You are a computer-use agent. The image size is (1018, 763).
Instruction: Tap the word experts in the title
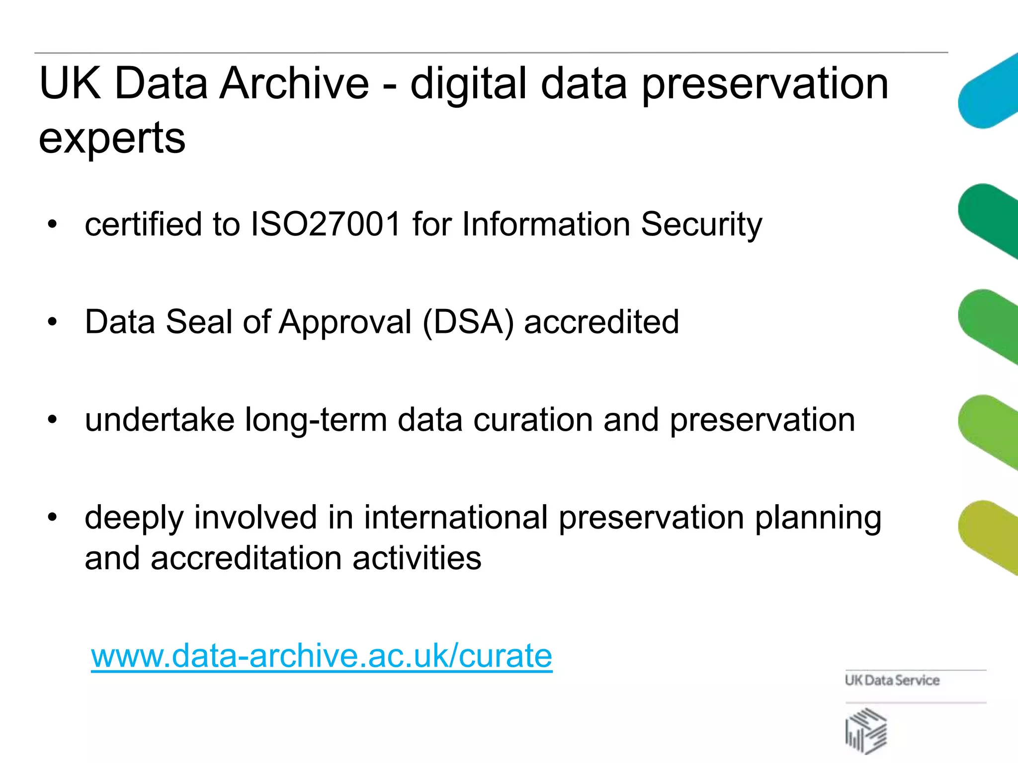point(112,138)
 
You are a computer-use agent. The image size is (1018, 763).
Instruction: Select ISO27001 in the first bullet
point(326,224)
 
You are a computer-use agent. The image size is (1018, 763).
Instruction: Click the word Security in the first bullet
point(701,225)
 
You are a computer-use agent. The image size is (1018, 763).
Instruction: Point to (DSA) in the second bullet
point(468,322)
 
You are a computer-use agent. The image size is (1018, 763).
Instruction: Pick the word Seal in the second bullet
point(199,322)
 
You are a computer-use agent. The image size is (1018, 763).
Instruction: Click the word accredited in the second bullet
point(601,322)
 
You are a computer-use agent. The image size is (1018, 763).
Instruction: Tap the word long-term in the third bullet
point(316,420)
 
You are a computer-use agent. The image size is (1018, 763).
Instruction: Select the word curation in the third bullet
point(533,420)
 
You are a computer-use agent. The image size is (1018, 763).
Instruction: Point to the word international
point(456,518)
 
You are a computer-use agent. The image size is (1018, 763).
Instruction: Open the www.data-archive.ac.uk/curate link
point(322,656)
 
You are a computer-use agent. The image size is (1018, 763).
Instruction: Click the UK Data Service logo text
point(892,680)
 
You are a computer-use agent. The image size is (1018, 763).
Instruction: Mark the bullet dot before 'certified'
point(52,225)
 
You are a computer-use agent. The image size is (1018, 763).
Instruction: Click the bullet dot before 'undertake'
point(52,420)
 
